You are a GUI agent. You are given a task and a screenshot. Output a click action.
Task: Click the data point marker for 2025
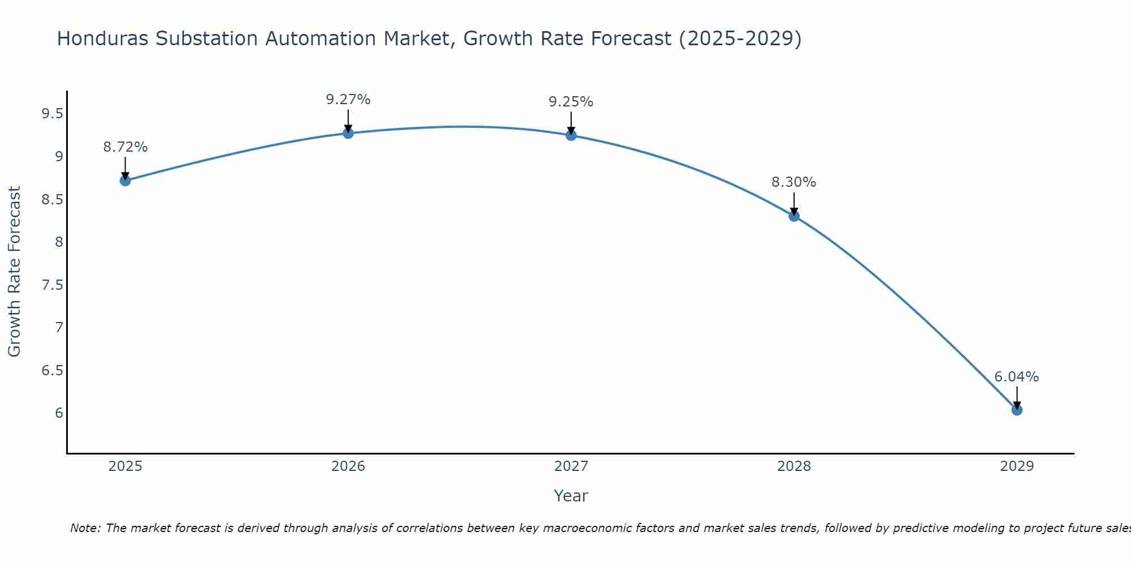tap(126, 181)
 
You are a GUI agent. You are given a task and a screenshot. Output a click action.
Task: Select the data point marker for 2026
tap(348, 133)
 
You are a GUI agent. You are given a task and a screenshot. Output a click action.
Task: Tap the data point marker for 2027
tap(571, 135)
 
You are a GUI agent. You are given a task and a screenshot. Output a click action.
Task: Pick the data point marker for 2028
tap(794, 216)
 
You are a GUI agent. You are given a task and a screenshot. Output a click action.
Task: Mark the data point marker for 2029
tap(1017, 410)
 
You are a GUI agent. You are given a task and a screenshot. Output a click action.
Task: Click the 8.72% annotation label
tap(126, 147)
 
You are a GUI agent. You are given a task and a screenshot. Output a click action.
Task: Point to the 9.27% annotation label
tap(348, 100)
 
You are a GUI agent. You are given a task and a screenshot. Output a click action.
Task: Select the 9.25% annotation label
tap(571, 102)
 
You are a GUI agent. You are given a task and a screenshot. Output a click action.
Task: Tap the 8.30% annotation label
tap(794, 182)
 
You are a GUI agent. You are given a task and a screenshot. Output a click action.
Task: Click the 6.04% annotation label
tap(1017, 377)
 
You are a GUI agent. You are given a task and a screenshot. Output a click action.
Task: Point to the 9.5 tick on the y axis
tap(52, 114)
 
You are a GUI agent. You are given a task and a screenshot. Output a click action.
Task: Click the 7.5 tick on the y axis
tap(52, 285)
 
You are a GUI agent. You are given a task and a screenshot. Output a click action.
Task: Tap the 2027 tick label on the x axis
tap(571, 466)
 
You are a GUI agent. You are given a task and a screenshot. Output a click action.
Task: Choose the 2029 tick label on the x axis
tap(1017, 466)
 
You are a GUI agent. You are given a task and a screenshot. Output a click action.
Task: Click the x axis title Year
tap(571, 496)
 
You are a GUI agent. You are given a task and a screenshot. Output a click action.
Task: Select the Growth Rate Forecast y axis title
tap(15, 272)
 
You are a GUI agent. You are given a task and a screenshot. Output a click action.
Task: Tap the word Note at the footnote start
tap(85, 528)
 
